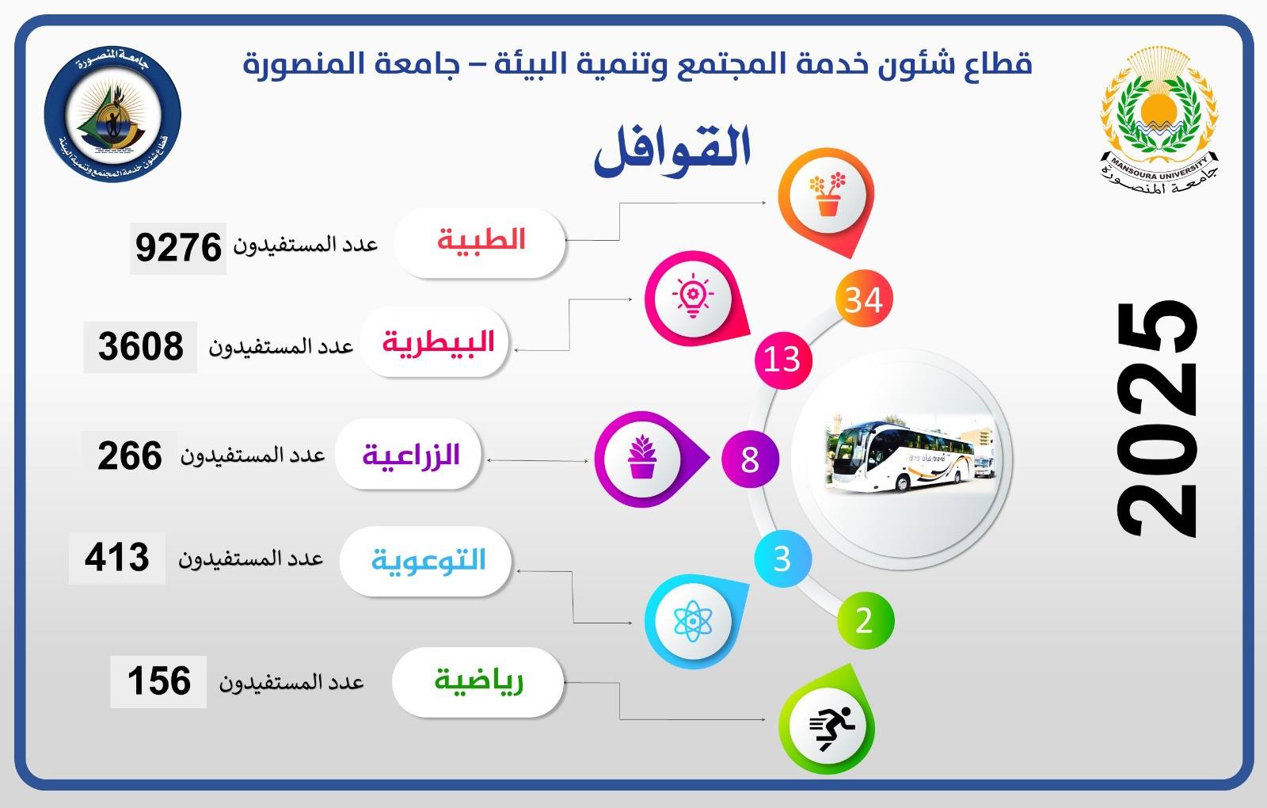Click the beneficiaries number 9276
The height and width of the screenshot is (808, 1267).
point(178,248)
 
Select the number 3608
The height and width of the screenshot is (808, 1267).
point(141,346)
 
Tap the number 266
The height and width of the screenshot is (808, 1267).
point(130,456)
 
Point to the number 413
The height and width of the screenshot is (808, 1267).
point(117,558)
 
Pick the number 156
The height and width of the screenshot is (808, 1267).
point(159,680)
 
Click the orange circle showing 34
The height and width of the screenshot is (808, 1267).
point(864,299)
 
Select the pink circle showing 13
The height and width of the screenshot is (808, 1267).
point(783,360)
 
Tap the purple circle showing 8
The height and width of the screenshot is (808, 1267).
point(750,459)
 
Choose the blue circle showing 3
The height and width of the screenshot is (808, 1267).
point(782,558)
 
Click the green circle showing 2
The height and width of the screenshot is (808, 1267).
point(865,621)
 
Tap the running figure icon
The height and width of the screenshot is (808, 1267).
point(831,728)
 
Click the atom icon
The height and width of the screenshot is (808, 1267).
point(693,621)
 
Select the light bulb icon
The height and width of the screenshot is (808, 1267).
point(693,295)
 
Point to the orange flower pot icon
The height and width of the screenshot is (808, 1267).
point(827,194)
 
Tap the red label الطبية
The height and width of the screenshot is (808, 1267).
point(481,240)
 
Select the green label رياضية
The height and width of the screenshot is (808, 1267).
point(478,680)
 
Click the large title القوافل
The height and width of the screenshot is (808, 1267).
point(672,150)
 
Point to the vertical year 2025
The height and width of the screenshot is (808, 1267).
point(1157,419)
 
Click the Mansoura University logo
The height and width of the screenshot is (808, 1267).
point(1159,120)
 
